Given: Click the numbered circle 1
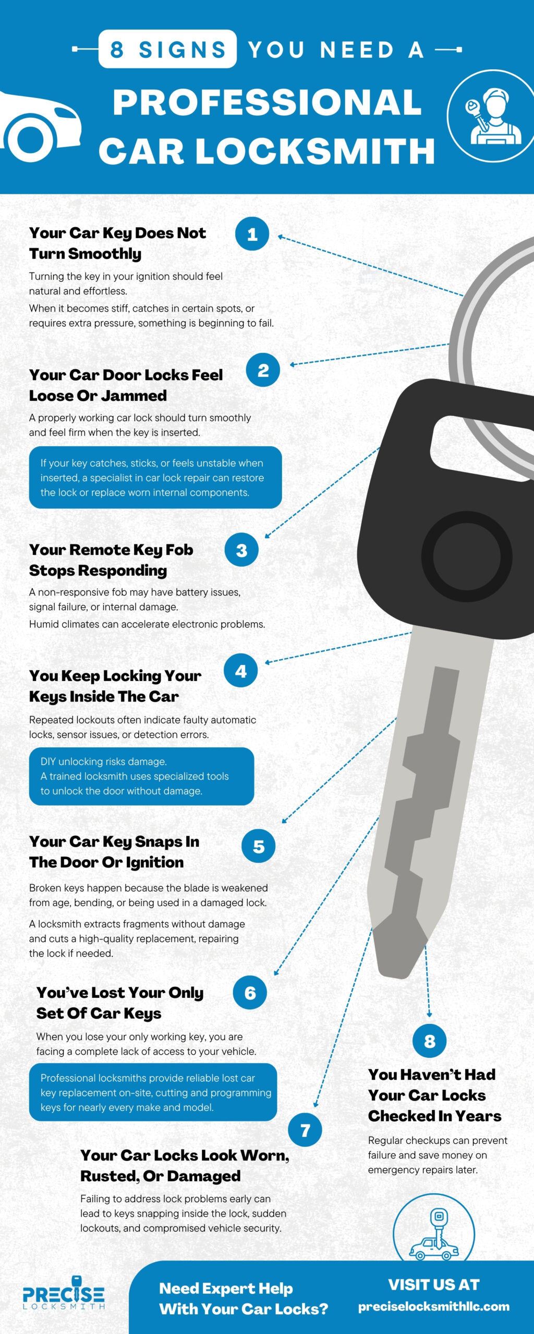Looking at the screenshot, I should [x=252, y=234].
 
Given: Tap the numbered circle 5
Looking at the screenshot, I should [x=258, y=846].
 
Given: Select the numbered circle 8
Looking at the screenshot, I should [x=429, y=1041].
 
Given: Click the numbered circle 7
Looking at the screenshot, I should [x=305, y=1130].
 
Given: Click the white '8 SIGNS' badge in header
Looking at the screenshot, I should [x=167, y=50].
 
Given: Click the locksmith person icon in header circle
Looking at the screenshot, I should [x=493, y=116].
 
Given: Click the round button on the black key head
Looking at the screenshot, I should [x=466, y=556].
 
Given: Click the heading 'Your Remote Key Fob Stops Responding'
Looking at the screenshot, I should [x=111, y=560].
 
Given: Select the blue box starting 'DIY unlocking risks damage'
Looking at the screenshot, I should [x=141, y=776].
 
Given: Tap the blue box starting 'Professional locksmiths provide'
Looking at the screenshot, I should [x=153, y=1092].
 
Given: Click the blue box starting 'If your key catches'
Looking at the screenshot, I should [x=155, y=477].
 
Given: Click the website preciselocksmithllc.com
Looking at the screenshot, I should [x=433, y=1306].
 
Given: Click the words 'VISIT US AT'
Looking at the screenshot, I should [x=433, y=1285].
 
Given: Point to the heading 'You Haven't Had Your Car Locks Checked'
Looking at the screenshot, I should [x=434, y=1095].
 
